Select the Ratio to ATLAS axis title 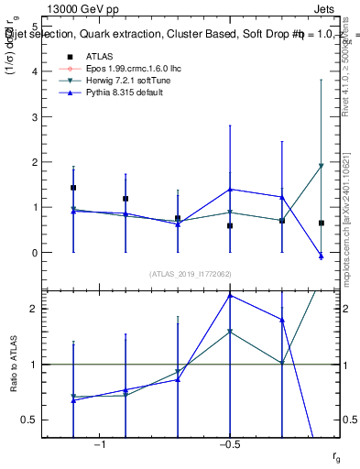tap(13, 364)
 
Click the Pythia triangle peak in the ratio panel tap(230, 295)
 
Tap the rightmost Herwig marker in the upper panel tap(321, 166)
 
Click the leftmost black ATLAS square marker tap(73, 188)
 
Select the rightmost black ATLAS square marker tap(321, 223)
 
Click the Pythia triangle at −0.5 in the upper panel tap(230, 190)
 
